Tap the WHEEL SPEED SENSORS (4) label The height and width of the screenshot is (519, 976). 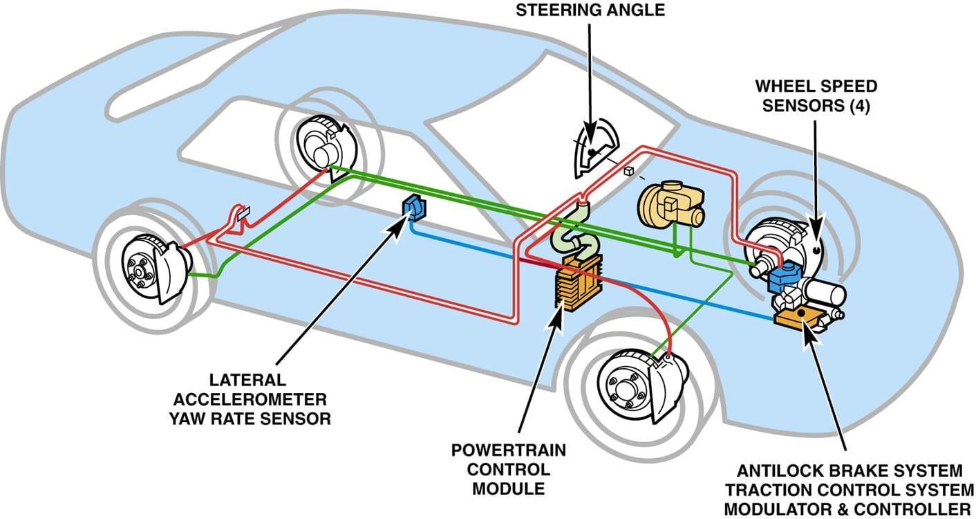(x=816, y=97)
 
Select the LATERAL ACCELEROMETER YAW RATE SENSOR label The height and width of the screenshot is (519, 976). (x=249, y=399)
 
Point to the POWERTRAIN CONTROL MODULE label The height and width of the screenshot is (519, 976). (x=508, y=469)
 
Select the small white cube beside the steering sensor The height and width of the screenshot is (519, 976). (x=628, y=171)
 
